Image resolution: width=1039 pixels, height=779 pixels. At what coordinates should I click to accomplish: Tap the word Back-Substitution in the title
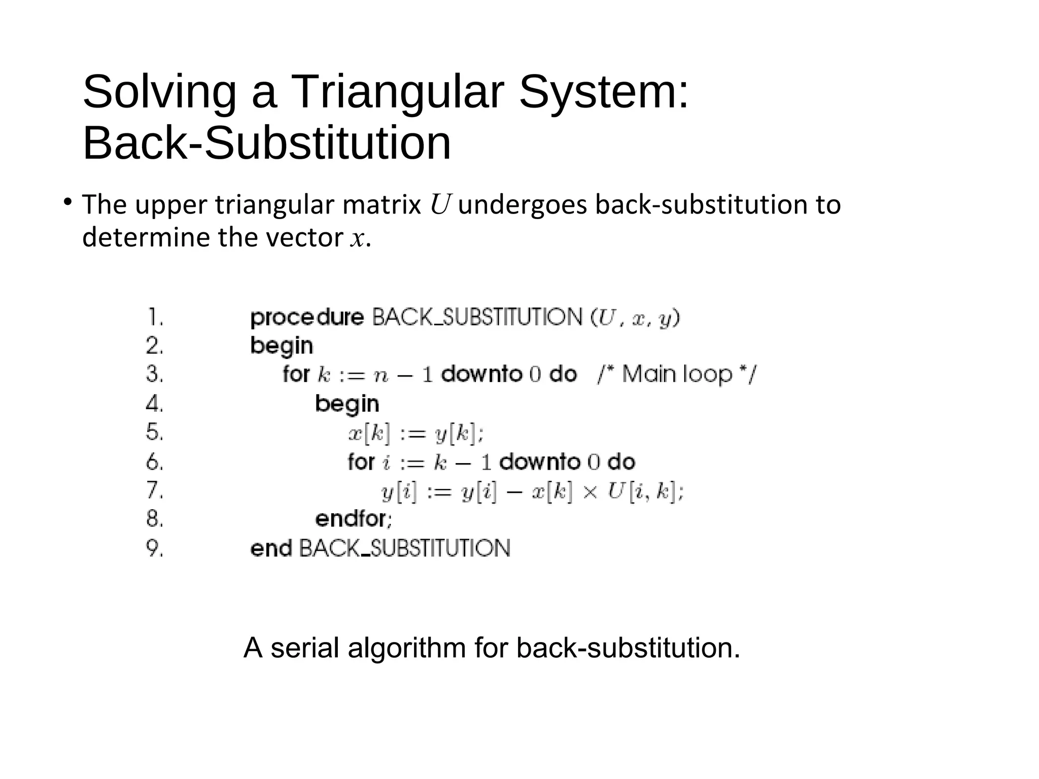(x=266, y=144)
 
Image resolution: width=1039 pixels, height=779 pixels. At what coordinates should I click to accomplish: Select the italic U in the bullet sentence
(x=439, y=205)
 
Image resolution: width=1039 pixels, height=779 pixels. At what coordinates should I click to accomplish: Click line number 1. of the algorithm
(x=155, y=318)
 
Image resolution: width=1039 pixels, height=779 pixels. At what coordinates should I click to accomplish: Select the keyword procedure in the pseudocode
(x=307, y=318)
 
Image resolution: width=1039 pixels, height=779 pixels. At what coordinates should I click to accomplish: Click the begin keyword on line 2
(x=282, y=346)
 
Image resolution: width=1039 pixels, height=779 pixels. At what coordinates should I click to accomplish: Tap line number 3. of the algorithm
(x=155, y=374)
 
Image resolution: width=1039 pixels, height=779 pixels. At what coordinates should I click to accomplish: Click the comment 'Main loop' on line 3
(x=677, y=374)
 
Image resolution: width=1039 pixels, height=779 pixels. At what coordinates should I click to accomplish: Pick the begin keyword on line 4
(x=347, y=404)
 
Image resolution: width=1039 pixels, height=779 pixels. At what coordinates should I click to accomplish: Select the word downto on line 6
(x=540, y=462)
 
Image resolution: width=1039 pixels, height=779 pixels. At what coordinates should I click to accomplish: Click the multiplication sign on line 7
(x=590, y=492)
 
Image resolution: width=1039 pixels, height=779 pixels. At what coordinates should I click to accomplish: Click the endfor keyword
(x=353, y=519)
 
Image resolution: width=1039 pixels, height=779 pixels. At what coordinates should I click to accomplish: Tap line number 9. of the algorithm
(x=155, y=548)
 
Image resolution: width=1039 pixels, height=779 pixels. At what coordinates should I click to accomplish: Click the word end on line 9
(x=271, y=548)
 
